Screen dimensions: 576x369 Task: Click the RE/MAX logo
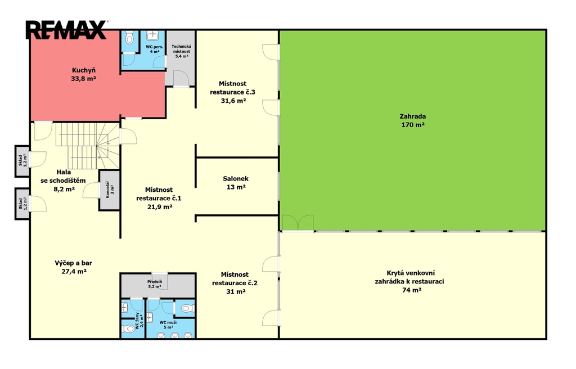tap(66, 30)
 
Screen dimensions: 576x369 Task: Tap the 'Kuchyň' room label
tap(84, 70)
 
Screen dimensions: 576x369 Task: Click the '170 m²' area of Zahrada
tap(413, 125)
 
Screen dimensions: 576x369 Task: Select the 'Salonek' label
tap(236, 179)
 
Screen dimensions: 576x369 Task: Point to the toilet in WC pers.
tap(129, 38)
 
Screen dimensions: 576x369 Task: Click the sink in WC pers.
tap(152, 35)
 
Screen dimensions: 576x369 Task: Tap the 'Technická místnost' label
tap(181, 49)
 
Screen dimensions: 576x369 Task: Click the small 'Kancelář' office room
tap(110, 190)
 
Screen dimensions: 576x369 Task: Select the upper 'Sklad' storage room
tap(22, 161)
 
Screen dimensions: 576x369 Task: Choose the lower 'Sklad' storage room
tap(22, 204)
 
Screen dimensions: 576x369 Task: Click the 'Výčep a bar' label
tap(74, 263)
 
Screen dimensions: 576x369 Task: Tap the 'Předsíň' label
tap(155, 282)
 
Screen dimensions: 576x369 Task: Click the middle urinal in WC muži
tap(175, 335)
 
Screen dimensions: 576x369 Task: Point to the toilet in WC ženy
tap(129, 328)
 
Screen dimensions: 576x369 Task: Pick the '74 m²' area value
tap(412, 290)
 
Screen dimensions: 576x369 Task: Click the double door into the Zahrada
tap(298, 223)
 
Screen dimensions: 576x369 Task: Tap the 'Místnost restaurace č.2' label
tap(235, 278)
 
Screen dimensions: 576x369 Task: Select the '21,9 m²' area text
tap(160, 207)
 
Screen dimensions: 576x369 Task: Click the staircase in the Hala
tap(88, 146)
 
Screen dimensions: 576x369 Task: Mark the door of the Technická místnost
tap(181, 79)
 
